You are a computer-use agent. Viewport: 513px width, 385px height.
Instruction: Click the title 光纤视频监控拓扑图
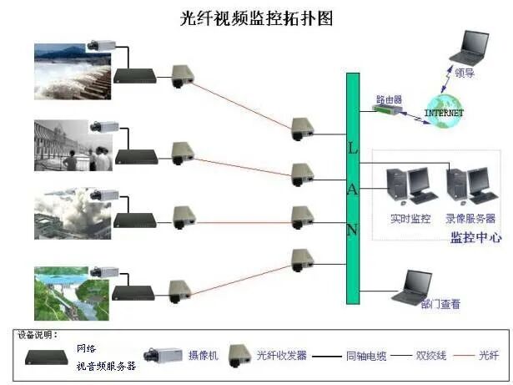[x=256, y=18]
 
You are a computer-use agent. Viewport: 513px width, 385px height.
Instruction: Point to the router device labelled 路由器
[x=386, y=109]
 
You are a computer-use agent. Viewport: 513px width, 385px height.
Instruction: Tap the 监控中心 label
[x=475, y=238]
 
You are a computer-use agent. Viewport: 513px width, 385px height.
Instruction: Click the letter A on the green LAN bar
[x=353, y=190]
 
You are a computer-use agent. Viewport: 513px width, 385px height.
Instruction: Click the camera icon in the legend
[x=162, y=355]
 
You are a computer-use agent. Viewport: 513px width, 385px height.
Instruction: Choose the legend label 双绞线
[x=431, y=356]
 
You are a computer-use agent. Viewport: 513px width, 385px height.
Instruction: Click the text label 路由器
[x=388, y=99]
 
